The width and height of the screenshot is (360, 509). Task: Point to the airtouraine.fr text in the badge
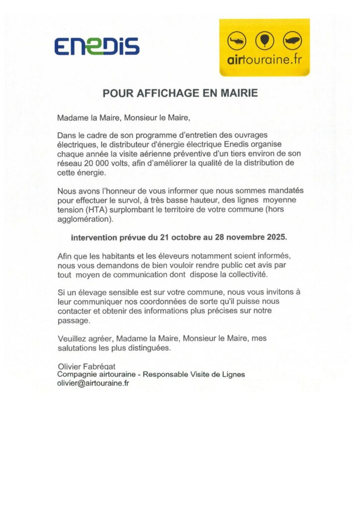pyautogui.click(x=264, y=61)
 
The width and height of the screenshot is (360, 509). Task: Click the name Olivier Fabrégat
pyautogui.click(x=87, y=366)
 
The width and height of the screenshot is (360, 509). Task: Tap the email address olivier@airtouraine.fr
pyautogui.click(x=93, y=383)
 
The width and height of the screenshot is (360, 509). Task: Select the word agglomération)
pyautogui.click(x=85, y=219)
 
